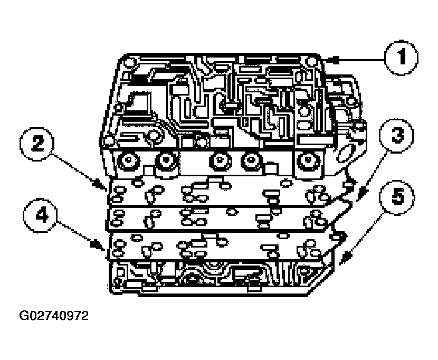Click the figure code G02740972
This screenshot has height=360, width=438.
[x=54, y=317]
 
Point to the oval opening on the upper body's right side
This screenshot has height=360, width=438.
[x=345, y=153]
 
